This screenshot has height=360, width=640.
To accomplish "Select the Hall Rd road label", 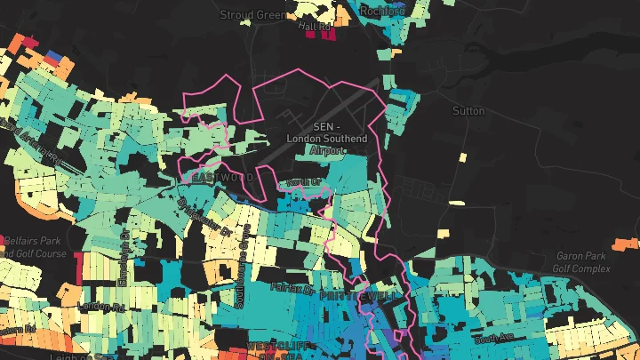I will [317, 28].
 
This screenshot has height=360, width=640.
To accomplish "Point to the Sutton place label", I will [469, 111].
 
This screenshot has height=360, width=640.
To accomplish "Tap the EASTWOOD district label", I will [223, 178].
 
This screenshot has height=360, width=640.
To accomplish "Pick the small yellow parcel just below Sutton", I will [462, 158].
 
